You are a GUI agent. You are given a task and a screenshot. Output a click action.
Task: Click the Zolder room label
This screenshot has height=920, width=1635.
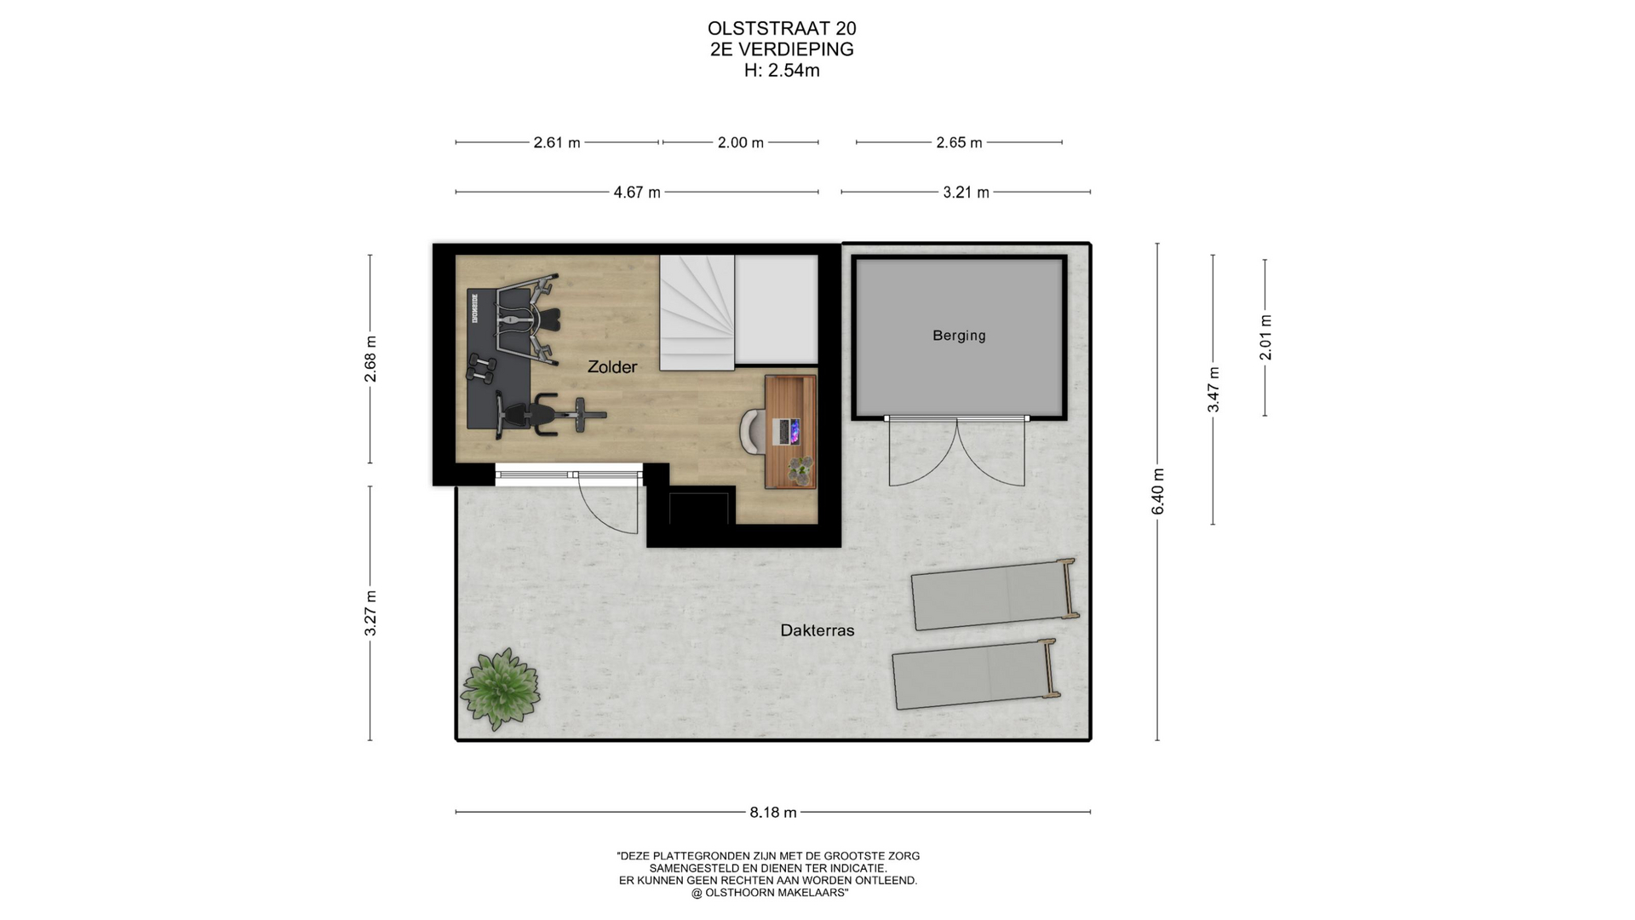click(612, 367)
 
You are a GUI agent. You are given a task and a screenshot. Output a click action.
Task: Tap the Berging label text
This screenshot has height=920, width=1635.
click(959, 336)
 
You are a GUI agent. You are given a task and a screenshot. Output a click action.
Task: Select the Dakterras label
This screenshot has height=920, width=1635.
click(817, 630)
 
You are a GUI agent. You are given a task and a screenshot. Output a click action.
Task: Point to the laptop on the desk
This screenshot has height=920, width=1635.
click(786, 431)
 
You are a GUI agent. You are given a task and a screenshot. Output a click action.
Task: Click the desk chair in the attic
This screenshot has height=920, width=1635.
click(752, 430)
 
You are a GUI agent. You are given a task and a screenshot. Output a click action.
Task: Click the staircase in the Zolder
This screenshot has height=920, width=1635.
click(697, 313)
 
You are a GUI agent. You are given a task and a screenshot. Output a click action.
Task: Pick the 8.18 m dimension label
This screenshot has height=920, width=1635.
click(773, 813)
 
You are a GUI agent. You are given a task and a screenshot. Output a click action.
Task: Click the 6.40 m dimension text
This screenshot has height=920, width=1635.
click(1157, 492)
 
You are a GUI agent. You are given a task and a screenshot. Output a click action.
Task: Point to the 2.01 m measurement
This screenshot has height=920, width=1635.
click(1265, 337)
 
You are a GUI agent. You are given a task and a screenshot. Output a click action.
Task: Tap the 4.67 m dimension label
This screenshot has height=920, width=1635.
click(637, 193)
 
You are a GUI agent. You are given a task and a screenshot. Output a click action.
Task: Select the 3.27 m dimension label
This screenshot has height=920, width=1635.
click(370, 613)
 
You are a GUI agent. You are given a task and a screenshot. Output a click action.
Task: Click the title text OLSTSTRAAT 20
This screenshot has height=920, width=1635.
click(782, 29)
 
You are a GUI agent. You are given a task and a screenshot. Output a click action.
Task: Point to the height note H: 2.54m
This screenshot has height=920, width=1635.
click(782, 71)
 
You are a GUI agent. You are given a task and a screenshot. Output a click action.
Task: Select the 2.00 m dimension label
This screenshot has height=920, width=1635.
click(741, 143)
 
